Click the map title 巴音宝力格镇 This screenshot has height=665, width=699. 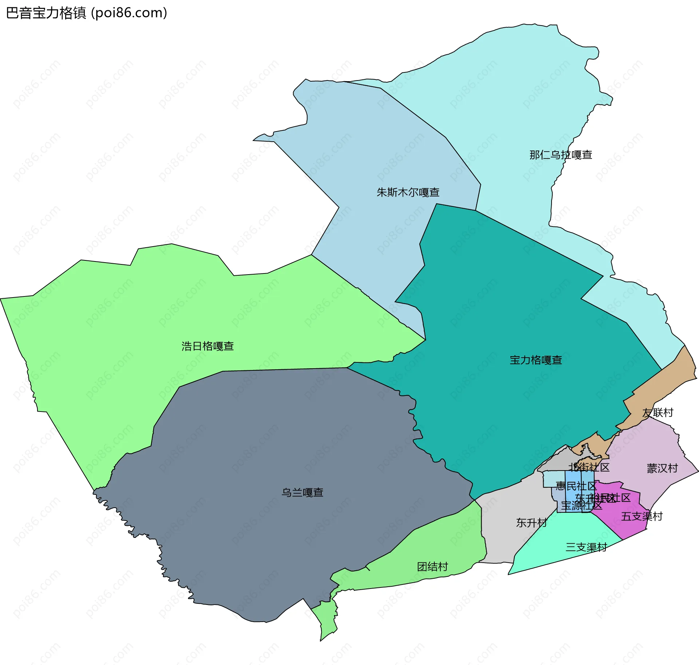(46, 13)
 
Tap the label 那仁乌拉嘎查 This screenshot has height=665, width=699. (561, 155)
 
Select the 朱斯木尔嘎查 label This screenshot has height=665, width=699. (408, 192)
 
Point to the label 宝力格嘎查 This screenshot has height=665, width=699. (536, 360)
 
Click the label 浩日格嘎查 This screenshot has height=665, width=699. (208, 346)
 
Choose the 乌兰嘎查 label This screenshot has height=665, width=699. (302, 492)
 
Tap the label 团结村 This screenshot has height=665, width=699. (432, 567)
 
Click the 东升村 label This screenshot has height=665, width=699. (531, 523)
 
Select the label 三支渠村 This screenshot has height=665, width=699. (586, 547)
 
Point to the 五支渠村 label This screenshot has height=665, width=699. (641, 516)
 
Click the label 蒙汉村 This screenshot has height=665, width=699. (662, 468)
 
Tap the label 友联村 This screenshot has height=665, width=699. (657, 413)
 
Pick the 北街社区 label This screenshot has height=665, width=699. (589, 467)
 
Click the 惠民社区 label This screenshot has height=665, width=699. (576, 486)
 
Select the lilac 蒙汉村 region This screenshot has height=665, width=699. (648, 448)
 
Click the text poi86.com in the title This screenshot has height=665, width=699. (129, 13)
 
